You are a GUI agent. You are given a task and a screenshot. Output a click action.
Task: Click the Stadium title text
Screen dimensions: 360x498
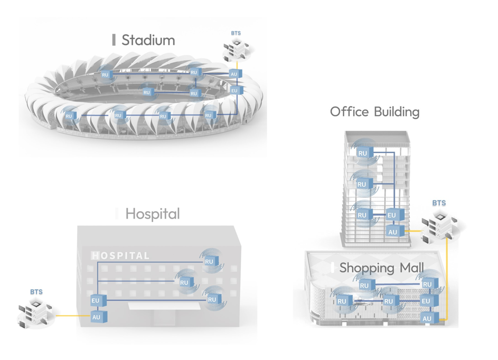pyautogui.click(x=148, y=40)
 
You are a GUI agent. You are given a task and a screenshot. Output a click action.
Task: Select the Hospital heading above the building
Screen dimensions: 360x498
pyautogui.click(x=152, y=214)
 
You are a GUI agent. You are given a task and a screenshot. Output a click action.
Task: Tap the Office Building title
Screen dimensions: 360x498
pyautogui.click(x=374, y=112)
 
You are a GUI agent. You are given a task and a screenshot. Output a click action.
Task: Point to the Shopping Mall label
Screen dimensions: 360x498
pyautogui.click(x=381, y=268)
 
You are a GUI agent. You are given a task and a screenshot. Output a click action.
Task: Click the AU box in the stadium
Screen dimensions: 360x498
pyautogui.click(x=234, y=74)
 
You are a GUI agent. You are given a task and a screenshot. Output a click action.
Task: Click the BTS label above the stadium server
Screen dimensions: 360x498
pyautogui.click(x=236, y=33)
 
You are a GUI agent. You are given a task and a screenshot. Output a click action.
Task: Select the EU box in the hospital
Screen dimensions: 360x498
pyautogui.click(x=96, y=301)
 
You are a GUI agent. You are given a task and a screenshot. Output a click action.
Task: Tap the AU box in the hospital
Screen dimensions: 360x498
pyautogui.click(x=96, y=317)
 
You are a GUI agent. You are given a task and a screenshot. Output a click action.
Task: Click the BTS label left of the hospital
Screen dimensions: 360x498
pyautogui.click(x=36, y=292)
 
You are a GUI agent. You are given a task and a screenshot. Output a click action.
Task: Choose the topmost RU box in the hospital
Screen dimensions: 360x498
pyautogui.click(x=209, y=261)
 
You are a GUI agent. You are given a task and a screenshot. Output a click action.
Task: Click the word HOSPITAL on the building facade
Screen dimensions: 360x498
pyautogui.click(x=121, y=256)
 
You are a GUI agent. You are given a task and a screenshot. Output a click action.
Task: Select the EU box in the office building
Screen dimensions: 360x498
pyautogui.click(x=391, y=215)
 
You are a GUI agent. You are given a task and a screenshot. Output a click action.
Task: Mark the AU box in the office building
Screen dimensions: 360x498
pyautogui.click(x=392, y=232)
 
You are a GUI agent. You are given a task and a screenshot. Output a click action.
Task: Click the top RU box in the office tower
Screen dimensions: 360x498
pyautogui.click(x=362, y=154)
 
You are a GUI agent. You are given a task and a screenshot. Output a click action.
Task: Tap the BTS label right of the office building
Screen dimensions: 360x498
pyautogui.click(x=439, y=203)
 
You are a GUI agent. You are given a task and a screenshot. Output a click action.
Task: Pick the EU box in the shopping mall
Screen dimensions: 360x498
pyautogui.click(x=426, y=301)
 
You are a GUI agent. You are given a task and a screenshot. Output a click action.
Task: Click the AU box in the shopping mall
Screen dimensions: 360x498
pyautogui.click(x=427, y=318)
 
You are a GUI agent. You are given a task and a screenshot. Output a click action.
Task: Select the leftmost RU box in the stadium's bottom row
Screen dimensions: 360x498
pyautogui.click(x=69, y=116)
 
